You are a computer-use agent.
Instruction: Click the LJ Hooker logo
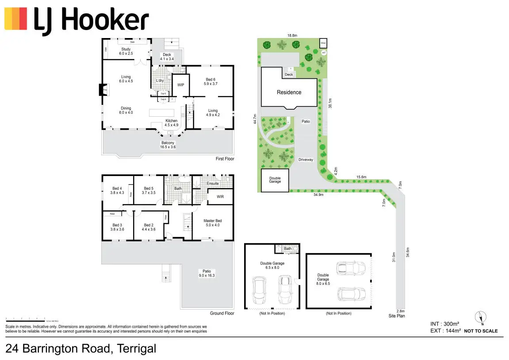[77, 19]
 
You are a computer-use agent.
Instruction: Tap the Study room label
[126, 51]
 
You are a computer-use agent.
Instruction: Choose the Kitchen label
[171, 123]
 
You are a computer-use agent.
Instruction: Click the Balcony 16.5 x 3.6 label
[168, 145]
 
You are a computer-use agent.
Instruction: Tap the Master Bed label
[212, 223]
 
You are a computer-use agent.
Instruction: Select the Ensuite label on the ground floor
[212, 184]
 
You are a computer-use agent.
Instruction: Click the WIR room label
[221, 197]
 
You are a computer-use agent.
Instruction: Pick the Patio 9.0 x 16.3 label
[206, 273]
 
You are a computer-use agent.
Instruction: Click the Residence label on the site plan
[289, 92]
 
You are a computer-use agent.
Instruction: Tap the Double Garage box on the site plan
[275, 180]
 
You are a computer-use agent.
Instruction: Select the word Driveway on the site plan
[306, 160]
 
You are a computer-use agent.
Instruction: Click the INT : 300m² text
[445, 324]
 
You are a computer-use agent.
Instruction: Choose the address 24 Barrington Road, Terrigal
[81, 349]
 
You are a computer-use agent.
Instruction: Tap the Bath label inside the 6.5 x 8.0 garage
[287, 249]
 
